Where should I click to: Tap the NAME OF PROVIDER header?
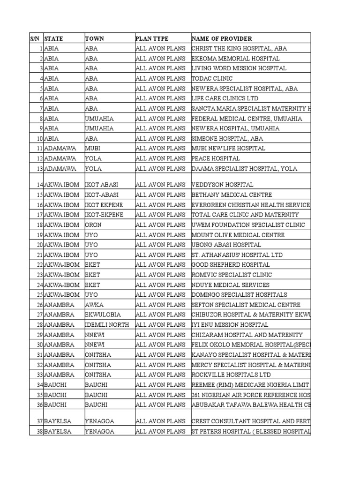[x=221, y=38]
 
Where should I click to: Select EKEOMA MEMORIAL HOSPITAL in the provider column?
[x=235, y=59]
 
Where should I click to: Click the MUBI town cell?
[x=93, y=148]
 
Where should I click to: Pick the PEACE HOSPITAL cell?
[x=215, y=158]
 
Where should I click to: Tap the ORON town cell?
[x=93, y=225]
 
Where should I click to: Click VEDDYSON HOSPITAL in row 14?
[x=222, y=185]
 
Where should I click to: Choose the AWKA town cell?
[x=94, y=305]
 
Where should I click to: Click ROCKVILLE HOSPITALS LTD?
[x=231, y=375]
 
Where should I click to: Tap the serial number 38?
[x=38, y=431]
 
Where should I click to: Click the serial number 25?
[x=38, y=295]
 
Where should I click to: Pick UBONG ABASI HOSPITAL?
[x=226, y=245]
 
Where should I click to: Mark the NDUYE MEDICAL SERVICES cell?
[x=230, y=285]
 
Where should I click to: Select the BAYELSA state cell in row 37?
[x=58, y=421]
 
